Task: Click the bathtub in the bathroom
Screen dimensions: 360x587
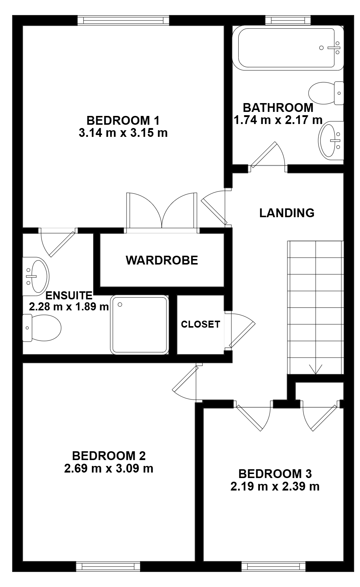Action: [x=287, y=48]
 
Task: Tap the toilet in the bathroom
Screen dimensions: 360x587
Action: [x=326, y=93]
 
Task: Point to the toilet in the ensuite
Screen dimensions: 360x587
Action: [x=42, y=328]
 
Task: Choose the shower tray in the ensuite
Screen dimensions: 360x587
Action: [x=139, y=325]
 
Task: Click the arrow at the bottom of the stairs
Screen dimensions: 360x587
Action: [x=316, y=369]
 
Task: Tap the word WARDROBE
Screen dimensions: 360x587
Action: [x=162, y=260]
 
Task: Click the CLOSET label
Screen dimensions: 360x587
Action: [x=201, y=324]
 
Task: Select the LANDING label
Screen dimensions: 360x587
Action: [x=287, y=213]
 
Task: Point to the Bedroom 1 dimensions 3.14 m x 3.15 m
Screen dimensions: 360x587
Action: [x=123, y=133]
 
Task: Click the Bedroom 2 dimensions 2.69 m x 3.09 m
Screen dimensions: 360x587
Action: [x=109, y=468]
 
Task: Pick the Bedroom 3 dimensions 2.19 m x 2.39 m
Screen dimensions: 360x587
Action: [x=275, y=486]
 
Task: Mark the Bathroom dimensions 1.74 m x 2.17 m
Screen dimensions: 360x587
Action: [x=278, y=120]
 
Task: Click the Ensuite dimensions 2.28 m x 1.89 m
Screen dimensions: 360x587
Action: [x=69, y=306]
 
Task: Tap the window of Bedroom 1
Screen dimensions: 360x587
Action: [x=123, y=20]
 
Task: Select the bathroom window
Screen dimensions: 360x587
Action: [x=288, y=20]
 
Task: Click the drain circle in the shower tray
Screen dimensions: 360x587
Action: [x=120, y=304]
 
